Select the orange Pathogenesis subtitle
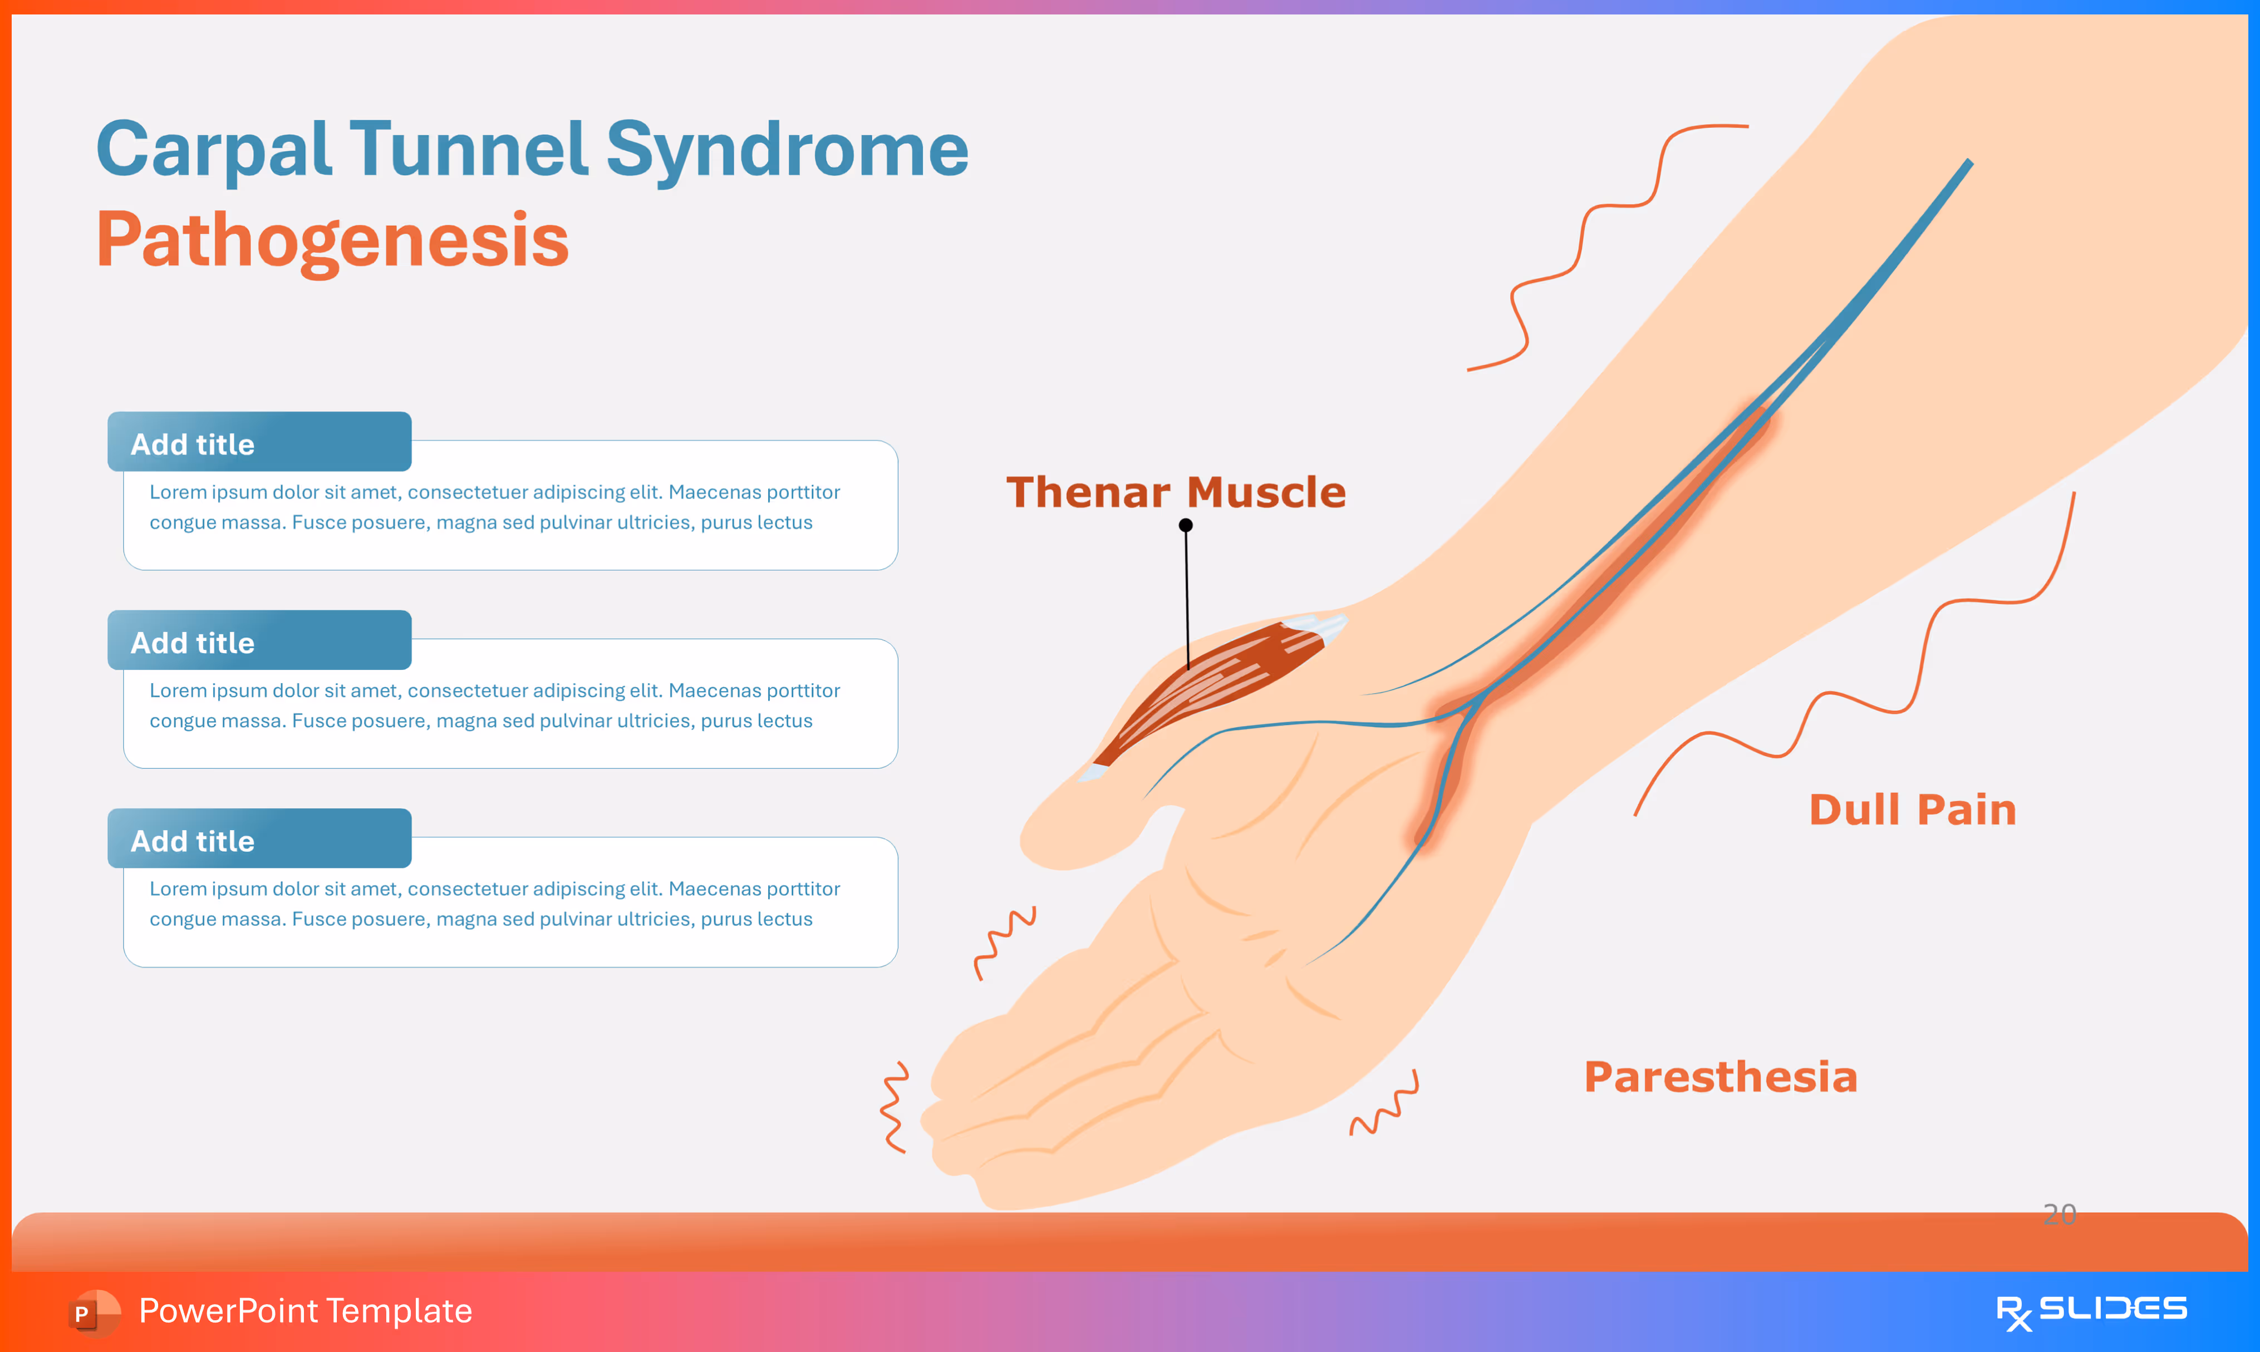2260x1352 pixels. click(333, 240)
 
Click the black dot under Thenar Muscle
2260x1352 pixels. click(1186, 526)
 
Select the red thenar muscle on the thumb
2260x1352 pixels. click(1212, 688)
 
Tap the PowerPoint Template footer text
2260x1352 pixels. click(305, 1311)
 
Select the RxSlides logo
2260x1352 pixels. click(2091, 1311)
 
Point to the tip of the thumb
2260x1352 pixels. click(1048, 843)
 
